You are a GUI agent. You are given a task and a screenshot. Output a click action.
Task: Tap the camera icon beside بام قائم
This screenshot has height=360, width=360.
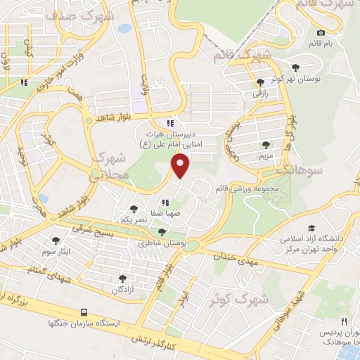pyautogui.click(x=321, y=32)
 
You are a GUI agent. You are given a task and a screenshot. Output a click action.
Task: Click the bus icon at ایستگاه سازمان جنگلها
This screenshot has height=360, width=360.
pyautogui.click(x=84, y=311)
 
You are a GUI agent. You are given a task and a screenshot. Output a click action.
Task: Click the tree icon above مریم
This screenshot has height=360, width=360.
pyautogui.click(x=265, y=145)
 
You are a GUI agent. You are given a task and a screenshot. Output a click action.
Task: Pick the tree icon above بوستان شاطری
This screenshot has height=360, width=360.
pyautogui.click(x=162, y=232)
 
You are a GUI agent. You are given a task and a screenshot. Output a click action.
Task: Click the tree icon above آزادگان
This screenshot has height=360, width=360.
pyautogui.click(x=123, y=278)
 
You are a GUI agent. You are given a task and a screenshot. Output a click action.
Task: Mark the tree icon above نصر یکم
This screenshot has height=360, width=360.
pyautogui.click(x=134, y=209)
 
